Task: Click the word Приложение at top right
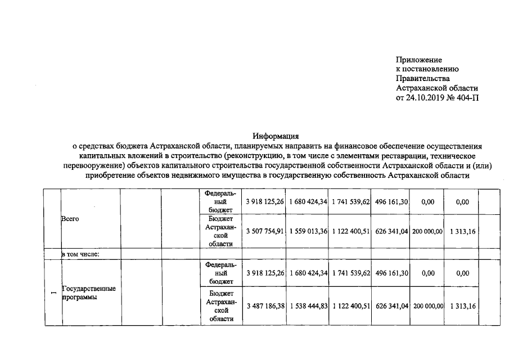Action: pyautogui.click(x=418, y=60)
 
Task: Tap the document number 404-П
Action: pyautogui.click(x=469, y=98)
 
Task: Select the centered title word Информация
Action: pyautogui.click(x=276, y=136)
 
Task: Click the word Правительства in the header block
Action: pyautogui.click(x=422, y=79)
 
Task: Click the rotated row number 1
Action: pyautogui.click(x=53, y=292)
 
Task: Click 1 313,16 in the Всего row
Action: pyautogui.click(x=463, y=231)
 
